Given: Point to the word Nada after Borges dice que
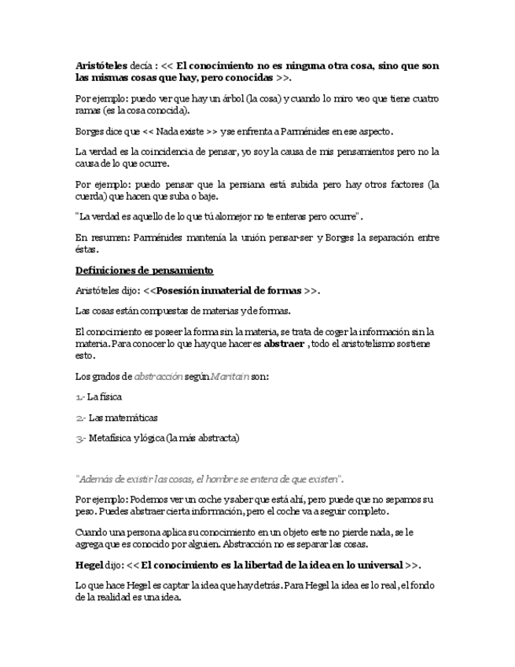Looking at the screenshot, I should coord(164,131).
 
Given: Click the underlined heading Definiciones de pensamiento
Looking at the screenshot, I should coord(144,271).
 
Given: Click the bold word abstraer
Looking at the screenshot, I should coord(284,344).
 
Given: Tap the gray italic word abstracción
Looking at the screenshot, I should coord(157,377).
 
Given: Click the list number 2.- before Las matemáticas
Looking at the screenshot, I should coord(80,418).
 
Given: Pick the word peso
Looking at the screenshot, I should coord(86,511).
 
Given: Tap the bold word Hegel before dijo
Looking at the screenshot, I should coord(90,565).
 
